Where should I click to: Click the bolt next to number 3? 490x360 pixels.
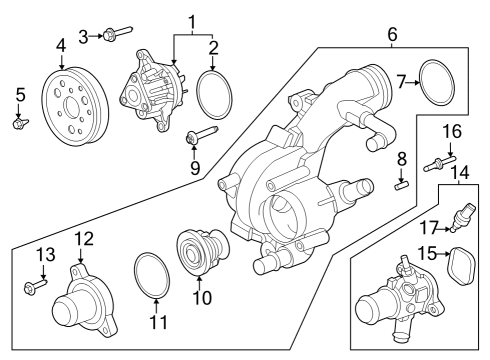113,36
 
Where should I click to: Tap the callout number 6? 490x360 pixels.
391,36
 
